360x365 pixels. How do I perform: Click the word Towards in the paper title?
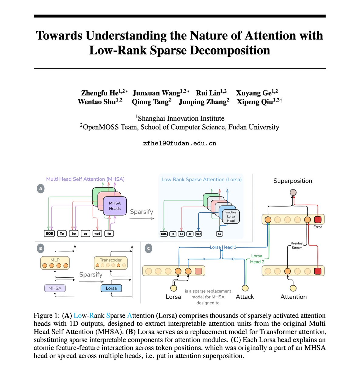point(59,36)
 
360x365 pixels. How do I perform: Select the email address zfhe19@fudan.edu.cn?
point(180,143)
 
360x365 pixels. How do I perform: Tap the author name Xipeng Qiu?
point(255,102)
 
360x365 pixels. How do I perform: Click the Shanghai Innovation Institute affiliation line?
point(180,118)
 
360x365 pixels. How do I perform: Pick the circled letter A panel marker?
point(40,189)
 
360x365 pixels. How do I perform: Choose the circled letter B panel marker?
point(40,249)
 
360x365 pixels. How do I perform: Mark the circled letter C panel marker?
point(148,249)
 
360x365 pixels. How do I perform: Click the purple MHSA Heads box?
point(115,206)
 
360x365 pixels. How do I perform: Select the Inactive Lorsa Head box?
point(231,216)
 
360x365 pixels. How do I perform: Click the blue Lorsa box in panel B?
point(111,288)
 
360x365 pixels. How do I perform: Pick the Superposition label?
point(293,181)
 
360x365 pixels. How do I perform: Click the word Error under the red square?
point(317,227)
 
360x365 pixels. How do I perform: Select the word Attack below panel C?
point(245,297)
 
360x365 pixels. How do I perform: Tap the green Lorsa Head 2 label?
point(257,259)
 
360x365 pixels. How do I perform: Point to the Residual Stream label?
point(297,245)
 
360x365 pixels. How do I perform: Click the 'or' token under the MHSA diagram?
point(85,234)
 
